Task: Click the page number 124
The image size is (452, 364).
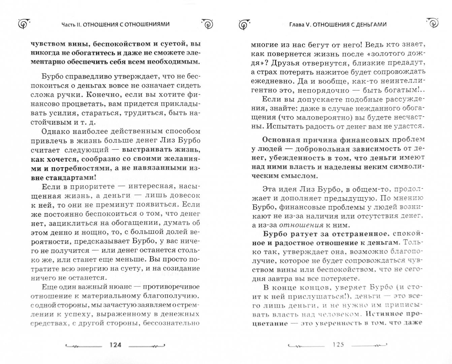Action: tap(115, 345)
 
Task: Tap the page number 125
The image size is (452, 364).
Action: tap(338, 345)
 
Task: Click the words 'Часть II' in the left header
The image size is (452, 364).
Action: tap(71, 24)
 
